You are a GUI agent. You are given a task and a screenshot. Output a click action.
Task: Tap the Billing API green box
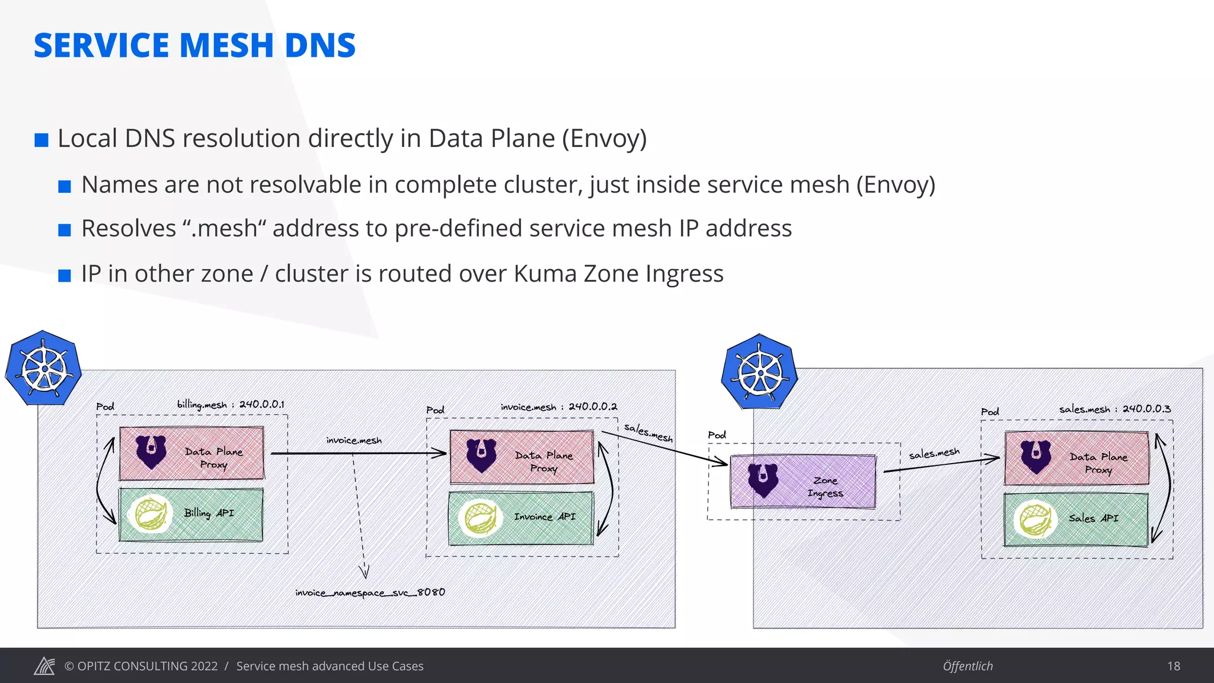click(x=191, y=515)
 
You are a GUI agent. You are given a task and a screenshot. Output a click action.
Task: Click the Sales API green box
click(x=1076, y=519)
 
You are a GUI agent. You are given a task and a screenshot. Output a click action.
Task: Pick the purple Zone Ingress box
click(x=803, y=481)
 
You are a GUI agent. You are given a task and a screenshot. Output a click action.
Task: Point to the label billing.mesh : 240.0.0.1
click(x=231, y=404)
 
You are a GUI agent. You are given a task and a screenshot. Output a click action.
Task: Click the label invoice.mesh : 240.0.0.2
click(x=558, y=407)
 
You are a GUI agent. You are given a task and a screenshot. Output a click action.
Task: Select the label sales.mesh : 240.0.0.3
click(x=1114, y=409)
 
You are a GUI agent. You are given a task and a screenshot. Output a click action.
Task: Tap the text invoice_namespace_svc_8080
click(x=370, y=592)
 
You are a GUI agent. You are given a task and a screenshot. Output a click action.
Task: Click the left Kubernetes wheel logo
click(x=43, y=369)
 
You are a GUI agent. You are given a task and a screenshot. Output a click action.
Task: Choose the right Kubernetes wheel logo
click(x=759, y=372)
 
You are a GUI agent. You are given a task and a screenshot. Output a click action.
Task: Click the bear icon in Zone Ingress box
click(x=763, y=480)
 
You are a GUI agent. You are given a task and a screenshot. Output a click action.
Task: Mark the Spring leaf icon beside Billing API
click(x=150, y=513)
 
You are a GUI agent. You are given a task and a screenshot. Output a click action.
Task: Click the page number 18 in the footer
click(x=1173, y=666)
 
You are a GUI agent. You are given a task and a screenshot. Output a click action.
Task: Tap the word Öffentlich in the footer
click(x=967, y=666)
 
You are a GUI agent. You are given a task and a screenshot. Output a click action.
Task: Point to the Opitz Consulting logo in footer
click(x=44, y=666)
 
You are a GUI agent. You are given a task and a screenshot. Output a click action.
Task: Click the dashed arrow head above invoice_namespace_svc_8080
click(x=364, y=572)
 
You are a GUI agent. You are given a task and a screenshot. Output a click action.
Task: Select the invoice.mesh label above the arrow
click(x=354, y=441)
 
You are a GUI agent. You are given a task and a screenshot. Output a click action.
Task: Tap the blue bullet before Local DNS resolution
click(x=41, y=140)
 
